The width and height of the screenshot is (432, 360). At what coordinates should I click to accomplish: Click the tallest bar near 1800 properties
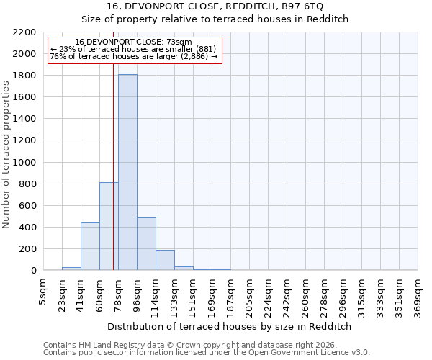pos(127,173)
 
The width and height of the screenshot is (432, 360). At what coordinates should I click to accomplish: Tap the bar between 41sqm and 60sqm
pos(90,247)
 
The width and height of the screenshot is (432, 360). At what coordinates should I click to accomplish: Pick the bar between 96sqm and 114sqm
pos(146,244)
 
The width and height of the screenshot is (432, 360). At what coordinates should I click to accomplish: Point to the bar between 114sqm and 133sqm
pos(165,261)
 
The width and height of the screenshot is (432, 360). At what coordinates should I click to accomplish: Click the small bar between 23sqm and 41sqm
pos(71,269)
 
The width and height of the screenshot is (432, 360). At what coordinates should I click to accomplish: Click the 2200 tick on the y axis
pos(25,32)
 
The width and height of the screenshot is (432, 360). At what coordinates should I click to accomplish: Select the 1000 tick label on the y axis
pos(25,163)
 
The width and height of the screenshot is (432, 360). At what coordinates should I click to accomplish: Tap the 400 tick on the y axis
pos(28,228)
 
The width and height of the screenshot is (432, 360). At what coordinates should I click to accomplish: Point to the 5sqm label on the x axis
pos(43,291)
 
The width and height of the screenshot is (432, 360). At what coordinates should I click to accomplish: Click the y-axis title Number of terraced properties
pos(6,155)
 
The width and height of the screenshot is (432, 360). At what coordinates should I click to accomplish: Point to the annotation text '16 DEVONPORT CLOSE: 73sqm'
pos(133,42)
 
